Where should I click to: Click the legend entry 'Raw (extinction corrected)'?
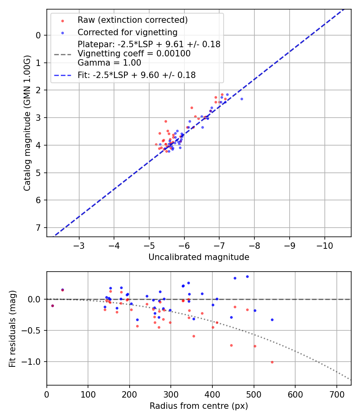click(x=132, y=20)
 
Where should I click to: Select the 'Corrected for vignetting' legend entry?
click(x=127, y=32)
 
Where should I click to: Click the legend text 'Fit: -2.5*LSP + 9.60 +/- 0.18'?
click(x=136, y=75)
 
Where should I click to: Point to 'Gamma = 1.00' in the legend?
click(x=109, y=62)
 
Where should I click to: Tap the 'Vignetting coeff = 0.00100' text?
click(x=134, y=54)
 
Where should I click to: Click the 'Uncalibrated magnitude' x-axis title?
click(x=199, y=257)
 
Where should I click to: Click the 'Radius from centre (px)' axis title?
click(x=199, y=406)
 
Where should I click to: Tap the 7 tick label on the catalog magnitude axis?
click(x=38, y=228)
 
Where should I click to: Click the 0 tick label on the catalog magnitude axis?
click(x=38, y=36)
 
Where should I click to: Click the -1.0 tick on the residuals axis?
click(x=35, y=362)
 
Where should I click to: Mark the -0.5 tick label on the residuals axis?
click(x=35, y=330)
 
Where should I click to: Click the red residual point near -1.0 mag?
click(x=272, y=362)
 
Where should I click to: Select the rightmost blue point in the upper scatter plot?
click(x=242, y=99)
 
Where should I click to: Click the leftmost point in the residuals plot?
click(x=52, y=306)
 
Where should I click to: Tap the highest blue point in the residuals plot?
click(x=247, y=276)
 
